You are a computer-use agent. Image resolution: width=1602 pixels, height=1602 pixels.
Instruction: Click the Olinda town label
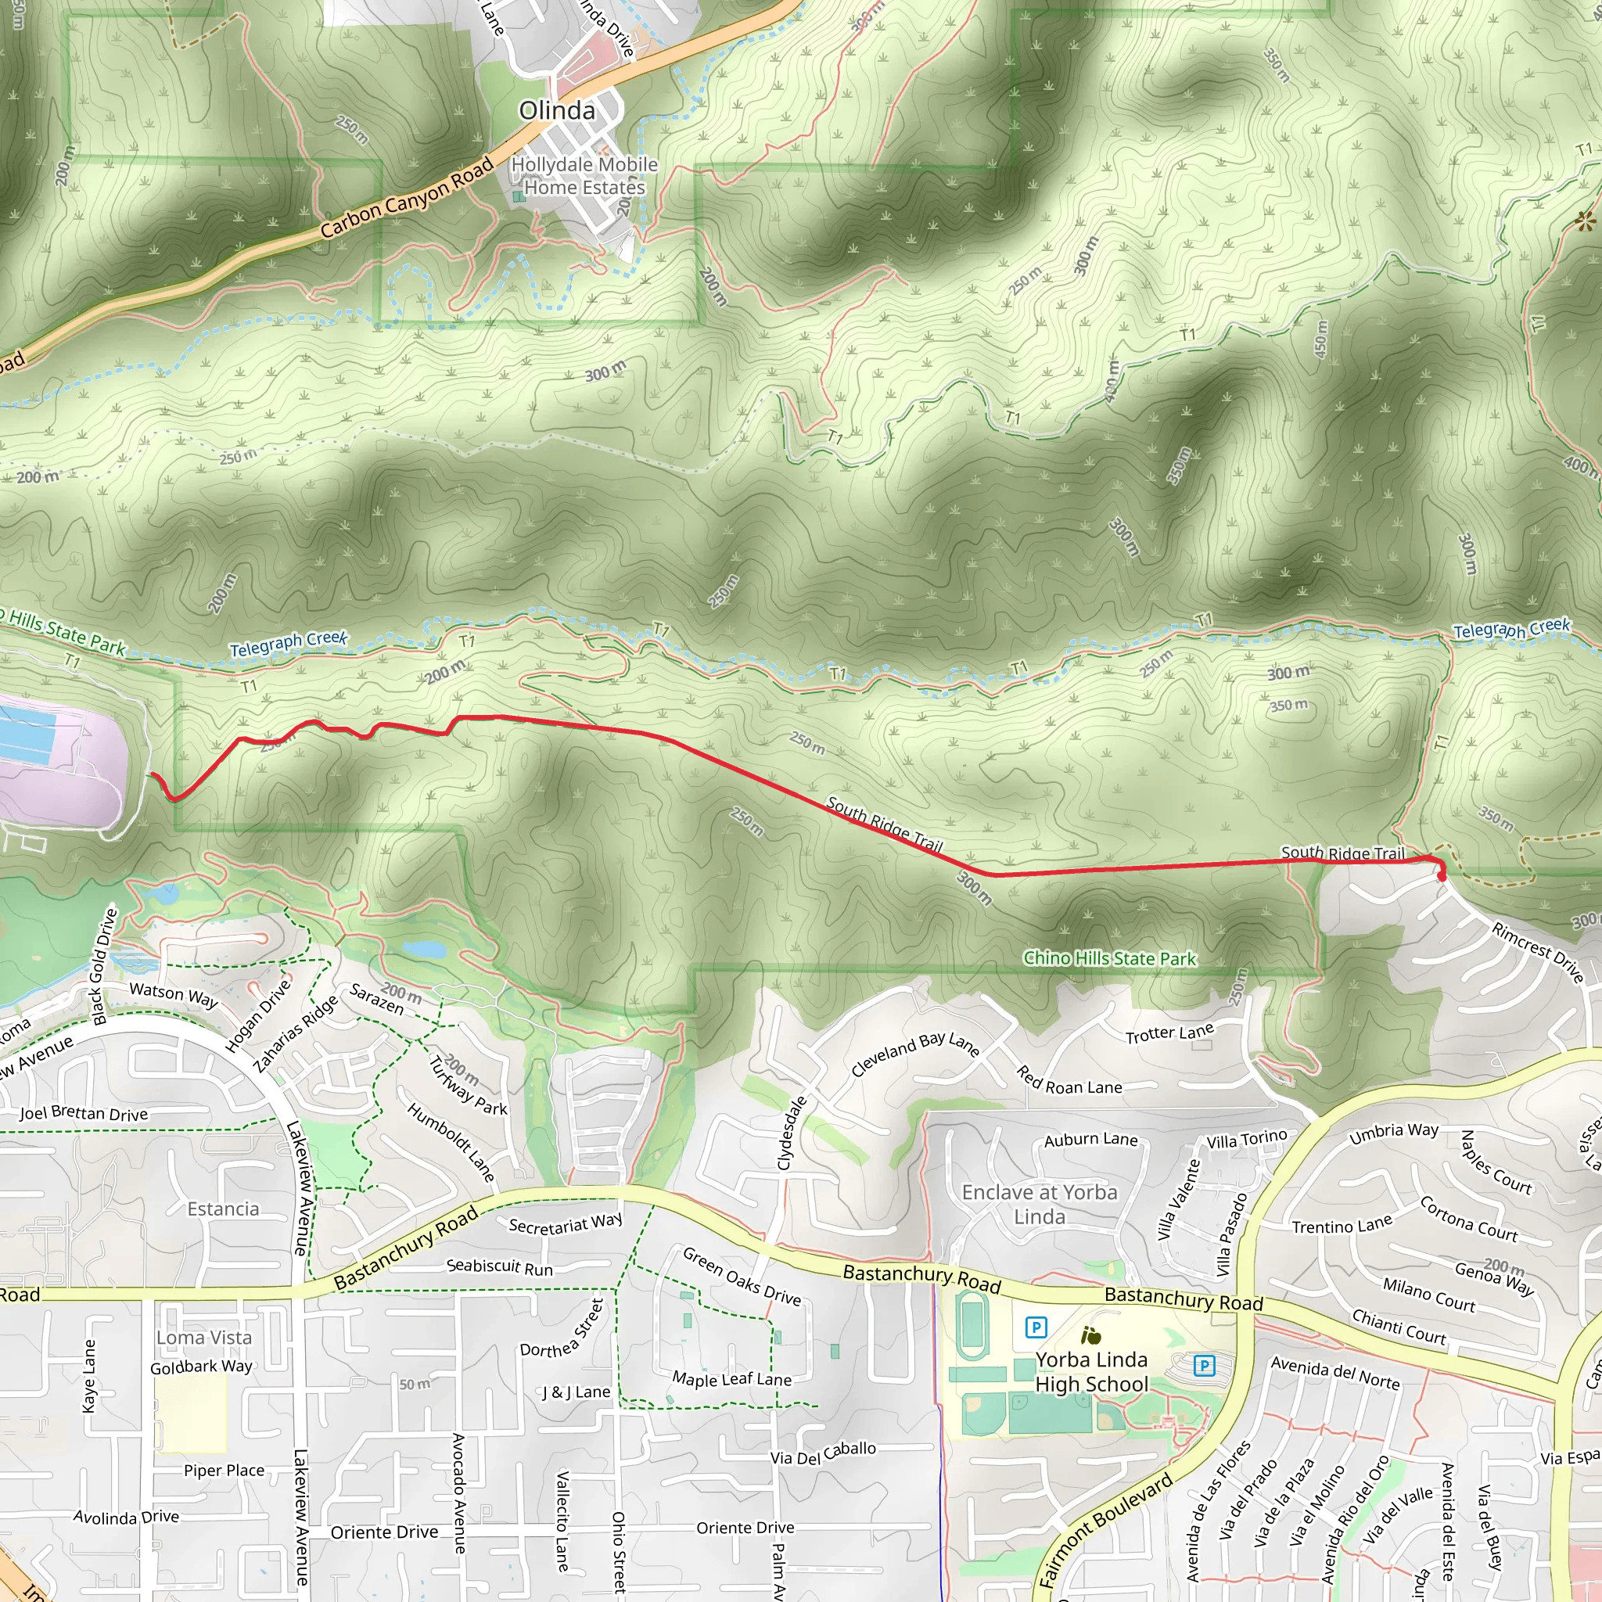click(556, 110)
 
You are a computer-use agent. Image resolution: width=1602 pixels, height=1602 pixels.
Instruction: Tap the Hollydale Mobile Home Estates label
click(584, 176)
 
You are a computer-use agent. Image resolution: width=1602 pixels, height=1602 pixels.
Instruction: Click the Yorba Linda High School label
click(1091, 1371)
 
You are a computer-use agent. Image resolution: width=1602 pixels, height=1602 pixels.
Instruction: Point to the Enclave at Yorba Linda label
click(1039, 1204)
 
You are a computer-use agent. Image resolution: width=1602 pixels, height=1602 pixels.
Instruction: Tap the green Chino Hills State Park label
click(1109, 958)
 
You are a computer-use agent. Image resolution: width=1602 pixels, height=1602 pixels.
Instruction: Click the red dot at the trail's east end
click(1441, 876)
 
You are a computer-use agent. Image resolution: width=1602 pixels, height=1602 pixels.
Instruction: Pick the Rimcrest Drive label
click(1537, 951)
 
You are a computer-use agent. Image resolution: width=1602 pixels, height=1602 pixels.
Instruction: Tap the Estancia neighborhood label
click(223, 1209)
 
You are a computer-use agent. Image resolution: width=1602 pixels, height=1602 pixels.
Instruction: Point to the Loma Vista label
click(204, 1338)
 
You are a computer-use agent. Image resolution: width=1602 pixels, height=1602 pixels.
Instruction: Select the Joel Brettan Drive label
click(84, 1114)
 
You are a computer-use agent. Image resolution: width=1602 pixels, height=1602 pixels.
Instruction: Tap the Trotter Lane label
click(1169, 1033)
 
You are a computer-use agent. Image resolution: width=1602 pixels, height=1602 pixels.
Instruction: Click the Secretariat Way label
click(566, 1223)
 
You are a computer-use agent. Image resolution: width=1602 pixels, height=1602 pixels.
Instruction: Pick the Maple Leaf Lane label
click(731, 1379)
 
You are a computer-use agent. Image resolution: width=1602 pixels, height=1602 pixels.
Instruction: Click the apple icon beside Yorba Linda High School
click(1091, 1336)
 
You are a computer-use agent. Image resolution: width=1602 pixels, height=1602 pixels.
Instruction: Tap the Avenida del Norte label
click(1335, 1373)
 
